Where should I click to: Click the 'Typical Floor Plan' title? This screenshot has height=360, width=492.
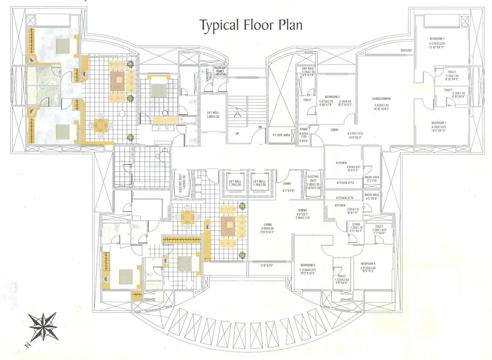click(250, 25)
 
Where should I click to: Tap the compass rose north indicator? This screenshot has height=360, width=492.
click(43, 327)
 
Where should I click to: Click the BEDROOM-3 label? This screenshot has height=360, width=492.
click(332, 97)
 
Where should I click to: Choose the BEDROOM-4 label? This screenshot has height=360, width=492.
click(368, 263)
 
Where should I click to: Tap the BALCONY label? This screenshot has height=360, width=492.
click(406, 50)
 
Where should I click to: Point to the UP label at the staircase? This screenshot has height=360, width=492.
click(237, 133)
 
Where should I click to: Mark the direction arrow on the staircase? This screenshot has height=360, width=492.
click(237, 114)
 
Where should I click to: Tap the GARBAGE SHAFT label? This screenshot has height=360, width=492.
click(220, 69)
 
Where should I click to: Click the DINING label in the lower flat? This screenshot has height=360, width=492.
click(302, 210)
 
